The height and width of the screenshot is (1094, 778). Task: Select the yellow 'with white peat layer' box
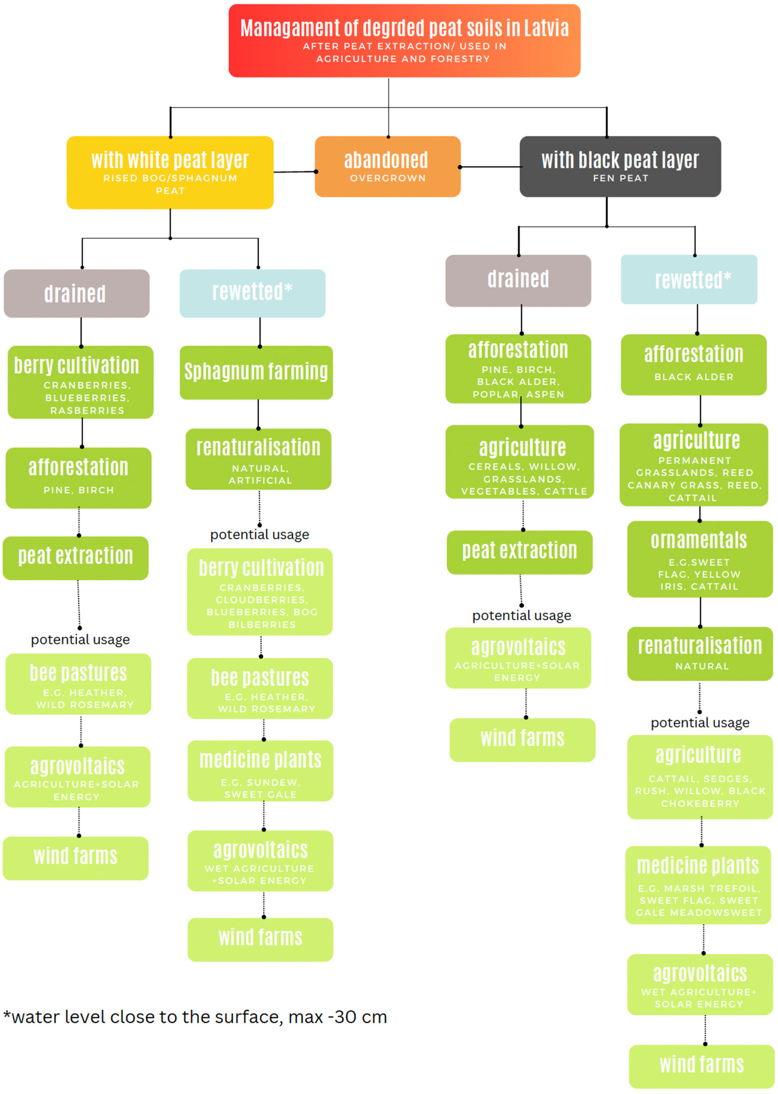click(x=170, y=172)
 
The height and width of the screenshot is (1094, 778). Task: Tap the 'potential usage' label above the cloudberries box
click(x=260, y=535)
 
